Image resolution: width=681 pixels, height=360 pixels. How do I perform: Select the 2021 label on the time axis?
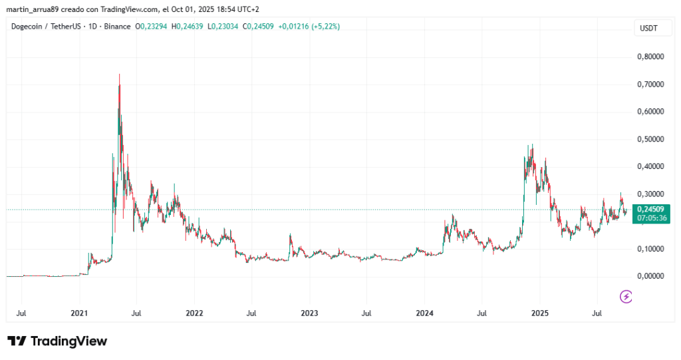point(79,311)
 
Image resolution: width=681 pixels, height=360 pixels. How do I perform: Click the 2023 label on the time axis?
point(309,311)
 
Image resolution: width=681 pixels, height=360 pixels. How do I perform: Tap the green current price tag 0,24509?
point(650,209)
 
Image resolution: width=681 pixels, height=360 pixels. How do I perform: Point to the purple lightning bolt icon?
point(626,297)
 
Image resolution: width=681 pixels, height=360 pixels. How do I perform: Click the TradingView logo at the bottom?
point(57,341)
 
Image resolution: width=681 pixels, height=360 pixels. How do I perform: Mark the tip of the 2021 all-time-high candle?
point(119,74)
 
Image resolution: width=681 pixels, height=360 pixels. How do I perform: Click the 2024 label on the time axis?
point(424,311)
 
